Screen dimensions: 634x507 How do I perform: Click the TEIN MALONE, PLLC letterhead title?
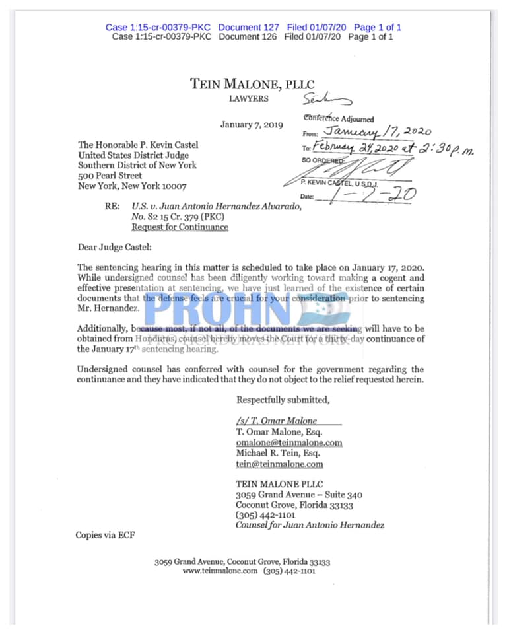(x=252, y=84)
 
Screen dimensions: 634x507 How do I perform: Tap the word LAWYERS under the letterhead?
(x=248, y=99)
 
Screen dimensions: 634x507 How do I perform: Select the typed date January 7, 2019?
(x=252, y=125)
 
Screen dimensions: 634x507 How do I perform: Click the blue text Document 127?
(x=248, y=27)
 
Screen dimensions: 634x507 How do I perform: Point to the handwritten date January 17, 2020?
(x=376, y=131)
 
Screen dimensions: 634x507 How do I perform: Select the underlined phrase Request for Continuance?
(x=180, y=227)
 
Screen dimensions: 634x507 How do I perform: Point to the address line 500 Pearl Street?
(x=110, y=176)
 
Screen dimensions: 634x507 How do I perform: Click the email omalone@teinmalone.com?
(x=289, y=442)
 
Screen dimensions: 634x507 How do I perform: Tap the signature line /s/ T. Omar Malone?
(x=277, y=421)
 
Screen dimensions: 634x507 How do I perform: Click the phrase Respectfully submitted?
(x=283, y=400)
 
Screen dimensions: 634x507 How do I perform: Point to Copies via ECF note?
(x=106, y=535)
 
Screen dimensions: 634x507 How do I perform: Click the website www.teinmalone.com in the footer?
(x=220, y=571)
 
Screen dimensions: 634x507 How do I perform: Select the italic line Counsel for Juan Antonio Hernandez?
(x=310, y=525)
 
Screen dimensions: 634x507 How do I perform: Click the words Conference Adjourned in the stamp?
(x=339, y=119)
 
